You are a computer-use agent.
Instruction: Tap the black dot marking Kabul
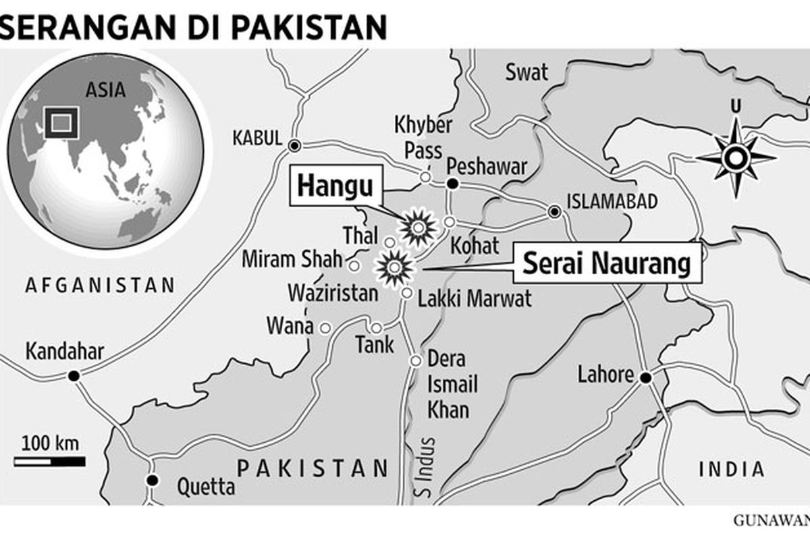[294, 145]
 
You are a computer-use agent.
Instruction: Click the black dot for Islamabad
[554, 213]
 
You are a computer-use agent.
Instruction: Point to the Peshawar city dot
[453, 184]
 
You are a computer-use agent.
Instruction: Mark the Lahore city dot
[646, 378]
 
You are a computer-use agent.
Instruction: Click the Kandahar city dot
[74, 375]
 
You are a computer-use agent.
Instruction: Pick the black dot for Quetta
[153, 481]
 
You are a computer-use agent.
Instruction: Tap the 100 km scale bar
[49, 462]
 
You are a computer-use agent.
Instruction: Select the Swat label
[527, 72]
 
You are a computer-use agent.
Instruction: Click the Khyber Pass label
[423, 138]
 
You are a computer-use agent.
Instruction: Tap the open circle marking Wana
[325, 328]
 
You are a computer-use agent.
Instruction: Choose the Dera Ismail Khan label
[452, 385]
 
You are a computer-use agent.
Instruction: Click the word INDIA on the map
[732, 469]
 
